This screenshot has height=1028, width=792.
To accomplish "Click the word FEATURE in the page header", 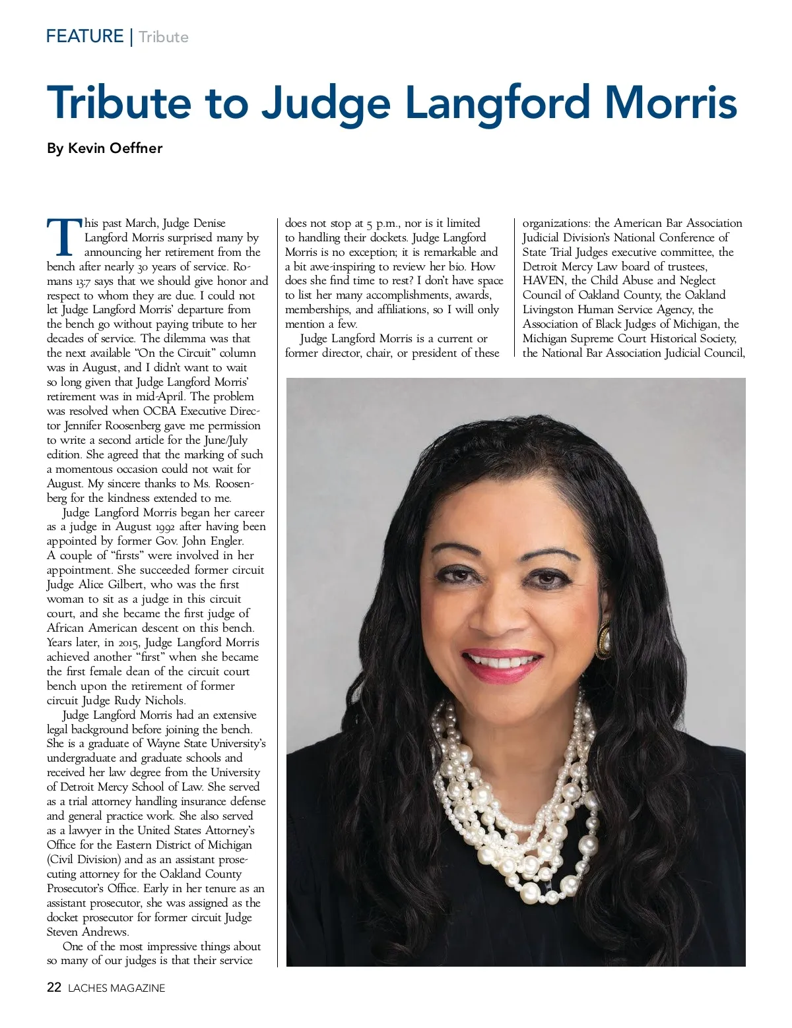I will click(84, 36).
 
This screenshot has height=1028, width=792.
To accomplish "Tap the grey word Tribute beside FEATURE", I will click(164, 37).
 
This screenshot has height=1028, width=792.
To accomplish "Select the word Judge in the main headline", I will click(325, 103).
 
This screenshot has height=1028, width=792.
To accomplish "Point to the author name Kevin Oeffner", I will click(115, 148).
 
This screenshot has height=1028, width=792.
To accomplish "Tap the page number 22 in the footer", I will click(54, 988).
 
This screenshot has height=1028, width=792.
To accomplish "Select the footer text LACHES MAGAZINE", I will click(117, 988).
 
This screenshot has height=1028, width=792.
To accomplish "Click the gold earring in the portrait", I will click(603, 638).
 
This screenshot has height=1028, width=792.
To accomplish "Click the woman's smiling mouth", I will click(502, 661).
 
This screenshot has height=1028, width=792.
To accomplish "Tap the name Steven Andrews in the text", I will click(88, 932).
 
